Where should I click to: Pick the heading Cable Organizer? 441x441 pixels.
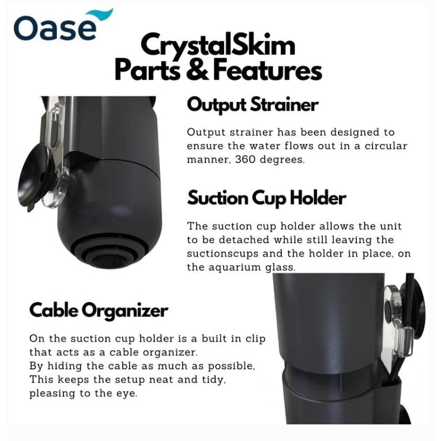99,311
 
